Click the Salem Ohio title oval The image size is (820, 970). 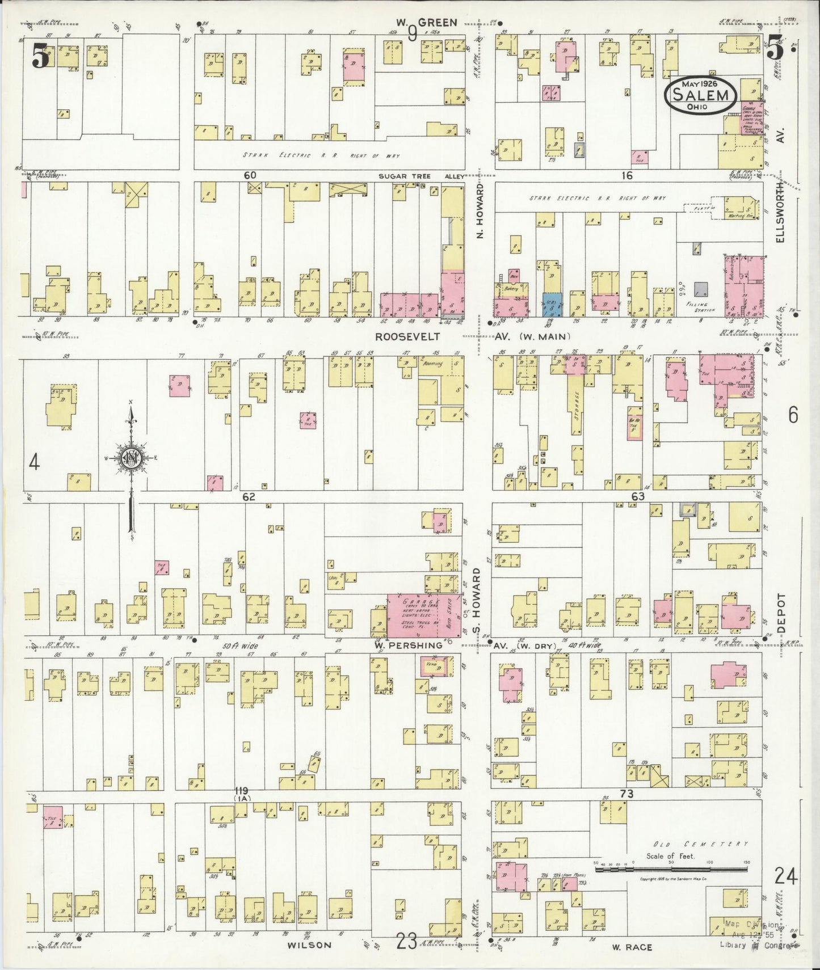pyautogui.click(x=701, y=93)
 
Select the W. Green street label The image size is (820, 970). pyautogui.click(x=427, y=23)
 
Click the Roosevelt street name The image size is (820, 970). pyautogui.click(x=407, y=336)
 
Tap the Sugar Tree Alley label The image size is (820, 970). pyautogui.click(x=422, y=176)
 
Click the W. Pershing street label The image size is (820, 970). pyautogui.click(x=407, y=646)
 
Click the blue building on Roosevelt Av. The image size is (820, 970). pyautogui.click(x=550, y=305)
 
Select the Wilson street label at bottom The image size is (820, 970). pyautogui.click(x=309, y=945)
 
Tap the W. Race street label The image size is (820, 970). pyautogui.click(x=632, y=947)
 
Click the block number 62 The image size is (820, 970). pyautogui.click(x=249, y=497)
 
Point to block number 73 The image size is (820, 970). pyautogui.click(x=626, y=794)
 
